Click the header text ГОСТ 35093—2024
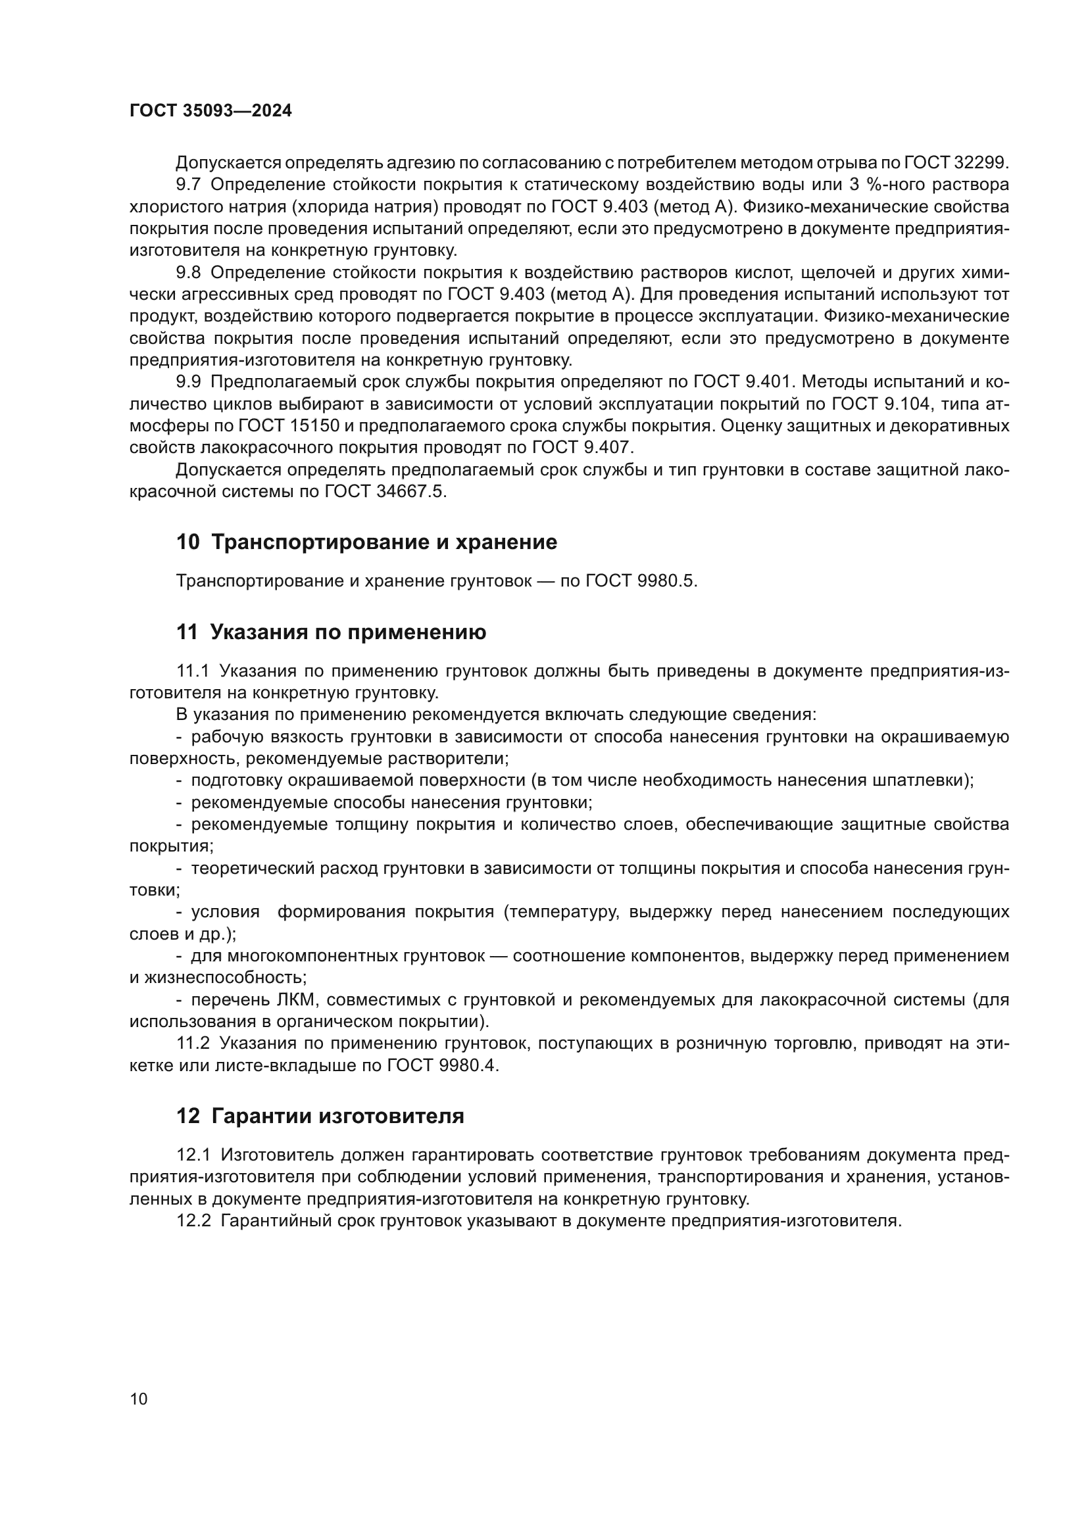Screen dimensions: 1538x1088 tap(210, 111)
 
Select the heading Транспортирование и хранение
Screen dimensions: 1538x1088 tap(384, 542)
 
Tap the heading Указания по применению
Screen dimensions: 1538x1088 tap(348, 632)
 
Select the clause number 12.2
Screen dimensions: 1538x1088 tap(193, 1221)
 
